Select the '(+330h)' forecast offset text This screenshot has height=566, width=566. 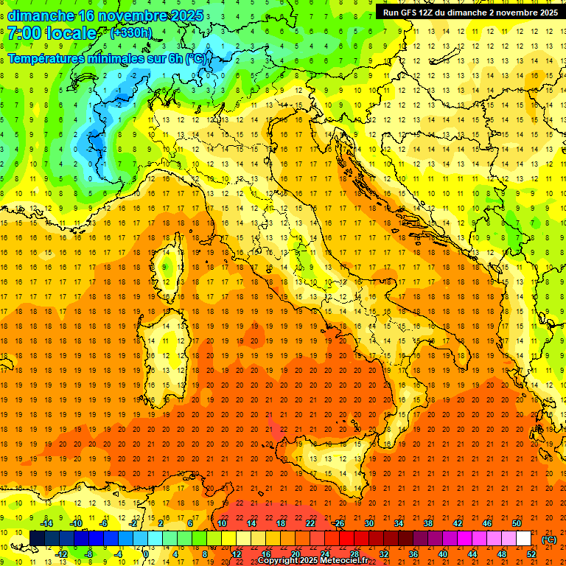[130, 32]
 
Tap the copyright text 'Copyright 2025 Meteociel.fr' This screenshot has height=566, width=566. [312, 561]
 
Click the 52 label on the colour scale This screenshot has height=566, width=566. [531, 553]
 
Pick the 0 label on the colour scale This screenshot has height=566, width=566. [145, 553]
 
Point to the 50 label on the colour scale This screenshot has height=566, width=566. [517, 523]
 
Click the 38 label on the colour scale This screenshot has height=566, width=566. [428, 523]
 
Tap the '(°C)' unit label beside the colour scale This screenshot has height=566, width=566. [548, 539]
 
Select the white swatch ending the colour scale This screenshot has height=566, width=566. [523, 538]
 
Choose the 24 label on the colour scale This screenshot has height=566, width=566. [324, 553]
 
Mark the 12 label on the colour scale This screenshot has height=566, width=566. [237, 553]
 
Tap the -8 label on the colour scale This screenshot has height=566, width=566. [89, 553]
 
